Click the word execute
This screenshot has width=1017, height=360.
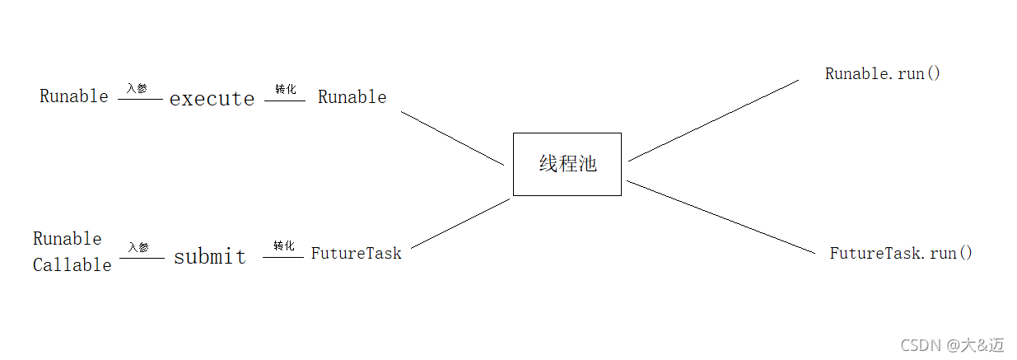(x=212, y=99)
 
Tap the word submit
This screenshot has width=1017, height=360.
(x=209, y=256)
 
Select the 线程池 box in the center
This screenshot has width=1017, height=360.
(x=567, y=164)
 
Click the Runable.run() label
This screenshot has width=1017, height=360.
(x=882, y=73)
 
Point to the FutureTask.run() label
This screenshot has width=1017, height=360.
(x=901, y=253)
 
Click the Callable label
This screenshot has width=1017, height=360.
(x=72, y=264)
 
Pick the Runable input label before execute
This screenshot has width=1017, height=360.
(x=73, y=96)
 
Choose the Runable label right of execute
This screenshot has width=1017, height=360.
(x=352, y=97)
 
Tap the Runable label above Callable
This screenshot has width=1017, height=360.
(x=68, y=239)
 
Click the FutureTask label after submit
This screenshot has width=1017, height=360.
(x=356, y=254)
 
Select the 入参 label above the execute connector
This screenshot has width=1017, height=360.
(x=138, y=88)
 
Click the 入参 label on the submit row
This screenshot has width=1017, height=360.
(x=138, y=247)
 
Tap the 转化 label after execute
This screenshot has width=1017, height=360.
(x=285, y=89)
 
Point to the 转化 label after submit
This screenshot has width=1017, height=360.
(x=284, y=246)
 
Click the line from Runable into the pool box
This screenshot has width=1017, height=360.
(x=452, y=138)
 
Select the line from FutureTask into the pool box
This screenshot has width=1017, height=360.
(x=460, y=223)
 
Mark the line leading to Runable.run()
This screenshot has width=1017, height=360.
(x=713, y=120)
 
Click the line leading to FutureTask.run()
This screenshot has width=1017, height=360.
(x=721, y=217)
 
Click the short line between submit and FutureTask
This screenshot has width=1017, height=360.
(x=283, y=257)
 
